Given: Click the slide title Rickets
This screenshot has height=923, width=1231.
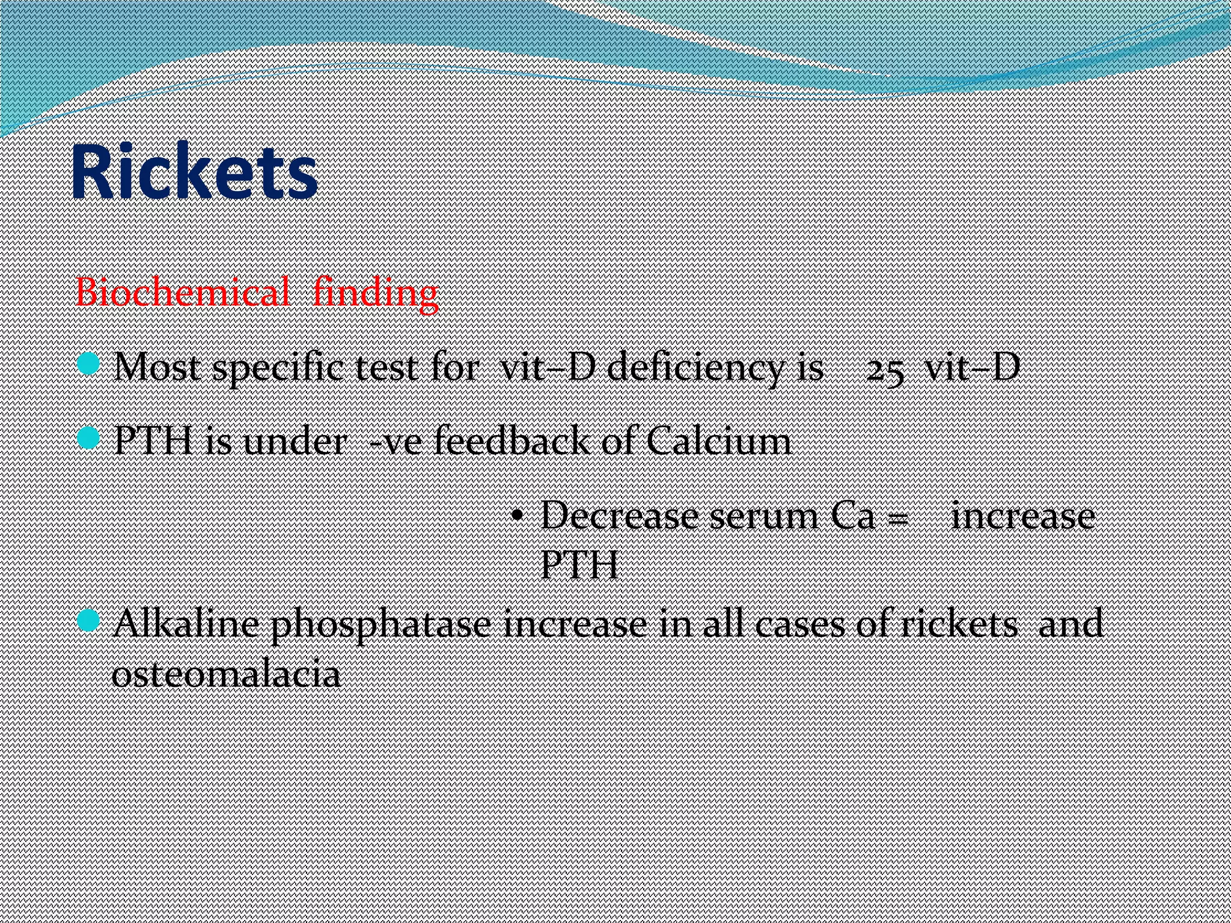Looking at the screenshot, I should click(x=194, y=172).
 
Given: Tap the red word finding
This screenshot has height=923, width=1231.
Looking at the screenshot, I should click(x=376, y=294).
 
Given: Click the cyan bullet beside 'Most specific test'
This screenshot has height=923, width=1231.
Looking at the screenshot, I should click(x=89, y=364).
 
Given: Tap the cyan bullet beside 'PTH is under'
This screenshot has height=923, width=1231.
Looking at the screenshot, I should click(x=89, y=437).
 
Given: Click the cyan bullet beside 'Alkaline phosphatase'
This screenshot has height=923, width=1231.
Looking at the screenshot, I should click(x=89, y=620).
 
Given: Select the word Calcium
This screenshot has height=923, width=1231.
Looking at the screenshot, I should click(x=719, y=442).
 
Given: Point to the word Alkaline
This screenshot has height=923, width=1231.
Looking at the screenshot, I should click(x=186, y=624).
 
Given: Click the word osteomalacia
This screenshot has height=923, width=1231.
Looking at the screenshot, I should click(x=226, y=674).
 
